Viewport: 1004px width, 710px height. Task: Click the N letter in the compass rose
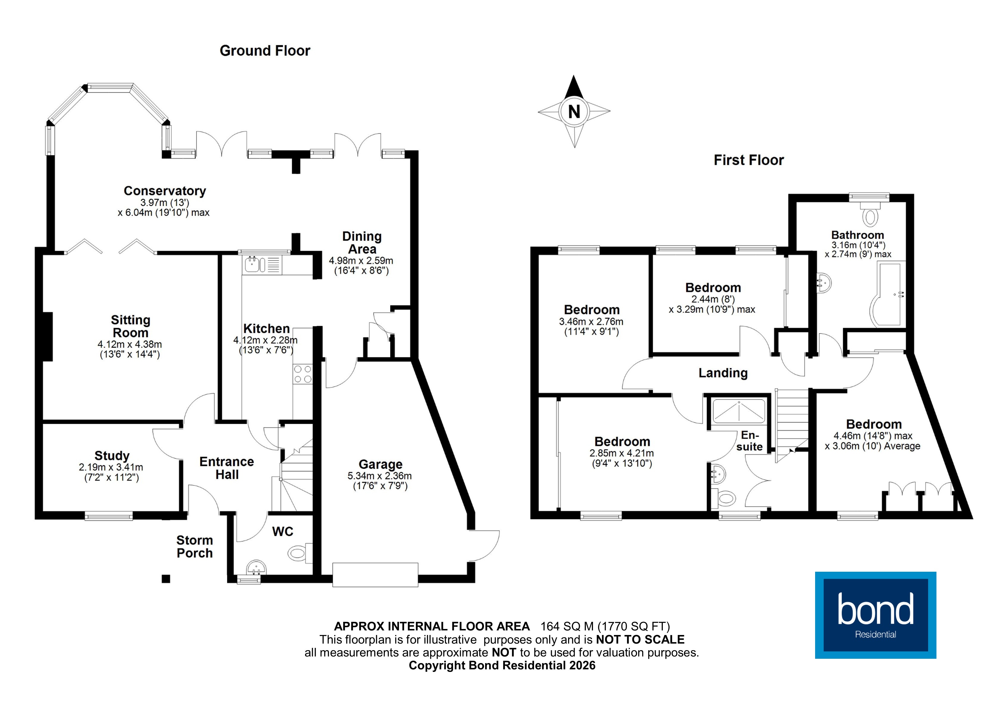[574, 112]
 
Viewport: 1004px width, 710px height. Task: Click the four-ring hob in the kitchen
[303, 374]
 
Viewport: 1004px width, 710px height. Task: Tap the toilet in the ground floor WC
[298, 553]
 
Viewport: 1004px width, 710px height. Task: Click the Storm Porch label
[195, 547]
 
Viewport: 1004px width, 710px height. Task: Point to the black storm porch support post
[166, 579]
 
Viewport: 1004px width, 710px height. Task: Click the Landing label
[723, 373]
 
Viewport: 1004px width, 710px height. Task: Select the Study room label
[112, 456]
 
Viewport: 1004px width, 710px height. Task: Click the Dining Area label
[362, 243]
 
